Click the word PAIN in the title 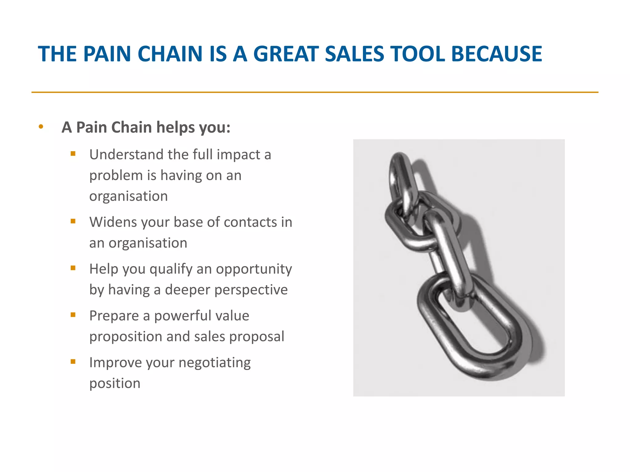[x=107, y=54]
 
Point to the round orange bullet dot [x=41, y=127]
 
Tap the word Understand [x=126, y=155]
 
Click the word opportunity [x=254, y=269]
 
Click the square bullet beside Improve [x=73, y=361]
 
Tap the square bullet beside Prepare [x=73, y=315]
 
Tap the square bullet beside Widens [x=73, y=221]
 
